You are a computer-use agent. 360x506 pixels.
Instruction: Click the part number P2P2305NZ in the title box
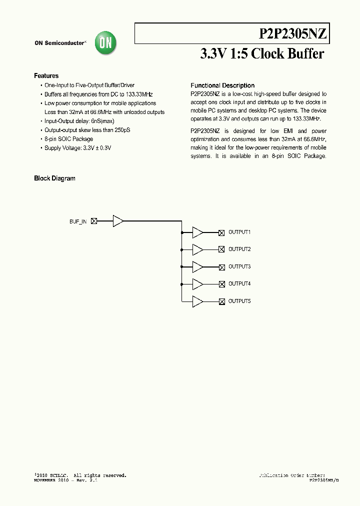click(293, 34)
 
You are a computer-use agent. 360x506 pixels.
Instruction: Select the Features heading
click(46, 76)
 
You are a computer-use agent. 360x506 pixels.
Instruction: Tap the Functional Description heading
click(222, 85)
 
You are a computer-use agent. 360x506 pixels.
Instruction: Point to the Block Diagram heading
click(54, 178)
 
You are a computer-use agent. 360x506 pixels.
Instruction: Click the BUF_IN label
click(78, 221)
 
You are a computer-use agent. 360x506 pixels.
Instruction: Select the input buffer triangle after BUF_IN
click(118, 221)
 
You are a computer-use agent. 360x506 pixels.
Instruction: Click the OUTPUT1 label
click(239, 232)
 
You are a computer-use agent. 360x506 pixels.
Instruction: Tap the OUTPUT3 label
click(239, 266)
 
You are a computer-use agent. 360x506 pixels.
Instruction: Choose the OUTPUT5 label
click(239, 301)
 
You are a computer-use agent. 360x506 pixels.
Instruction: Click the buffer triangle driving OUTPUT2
click(197, 249)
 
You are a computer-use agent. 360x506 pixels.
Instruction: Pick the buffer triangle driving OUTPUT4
click(197, 284)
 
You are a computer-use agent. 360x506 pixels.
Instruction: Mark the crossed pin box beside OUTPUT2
click(221, 249)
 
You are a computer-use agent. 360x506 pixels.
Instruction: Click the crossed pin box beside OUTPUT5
click(221, 301)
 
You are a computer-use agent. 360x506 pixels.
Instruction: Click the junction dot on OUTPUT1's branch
click(182, 232)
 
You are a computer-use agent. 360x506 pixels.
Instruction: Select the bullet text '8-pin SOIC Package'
click(68, 139)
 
